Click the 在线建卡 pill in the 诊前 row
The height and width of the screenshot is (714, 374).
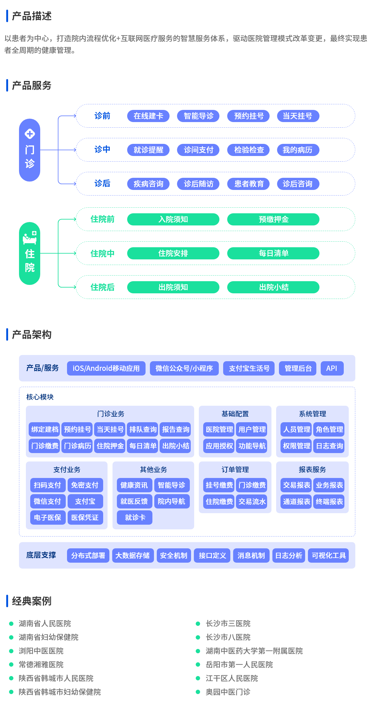tap(148, 116)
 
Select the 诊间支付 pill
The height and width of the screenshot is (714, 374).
tap(198, 150)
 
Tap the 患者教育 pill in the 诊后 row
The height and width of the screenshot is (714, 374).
tap(249, 184)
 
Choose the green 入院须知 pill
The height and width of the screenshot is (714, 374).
tap(173, 219)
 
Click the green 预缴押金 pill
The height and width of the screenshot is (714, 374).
tap(273, 219)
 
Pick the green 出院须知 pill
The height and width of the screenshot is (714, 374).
tap(173, 287)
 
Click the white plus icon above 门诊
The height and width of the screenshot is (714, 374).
tap(30, 134)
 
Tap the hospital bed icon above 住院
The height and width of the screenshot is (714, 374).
tap(30, 238)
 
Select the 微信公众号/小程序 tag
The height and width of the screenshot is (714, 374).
tap(184, 368)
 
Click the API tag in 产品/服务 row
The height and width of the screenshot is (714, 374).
tap(332, 368)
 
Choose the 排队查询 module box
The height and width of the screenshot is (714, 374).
tap(143, 429)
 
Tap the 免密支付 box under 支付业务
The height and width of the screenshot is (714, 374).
tap(85, 485)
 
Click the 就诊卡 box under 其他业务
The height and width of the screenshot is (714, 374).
tap(135, 518)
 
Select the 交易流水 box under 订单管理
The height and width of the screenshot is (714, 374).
tap(252, 502)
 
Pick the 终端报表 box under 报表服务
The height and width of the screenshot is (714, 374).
tap(329, 502)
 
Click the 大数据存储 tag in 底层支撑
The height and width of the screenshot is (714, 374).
tap(133, 556)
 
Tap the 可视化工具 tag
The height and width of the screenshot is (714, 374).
tap(328, 556)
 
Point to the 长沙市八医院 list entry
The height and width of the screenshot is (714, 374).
tap(228, 637)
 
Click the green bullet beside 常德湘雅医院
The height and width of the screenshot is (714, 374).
tap(11, 664)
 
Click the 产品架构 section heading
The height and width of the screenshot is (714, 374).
tap(31, 334)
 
